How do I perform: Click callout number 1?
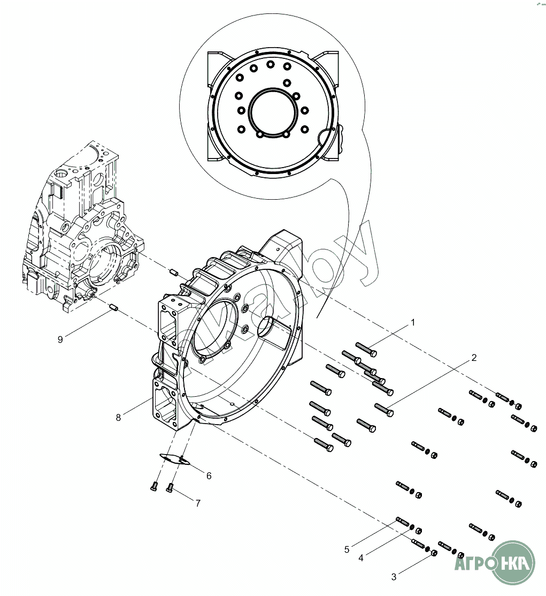(x=412, y=322)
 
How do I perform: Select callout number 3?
(x=394, y=577)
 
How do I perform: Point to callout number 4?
(x=361, y=557)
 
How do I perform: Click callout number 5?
(x=347, y=549)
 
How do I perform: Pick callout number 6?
(x=209, y=476)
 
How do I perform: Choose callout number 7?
(x=197, y=503)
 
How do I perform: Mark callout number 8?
(x=119, y=417)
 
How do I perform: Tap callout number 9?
(x=60, y=340)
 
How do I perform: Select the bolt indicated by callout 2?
(x=384, y=410)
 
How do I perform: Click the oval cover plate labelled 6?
(x=175, y=459)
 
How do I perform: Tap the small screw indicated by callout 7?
(x=170, y=487)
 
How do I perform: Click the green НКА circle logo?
(x=513, y=562)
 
